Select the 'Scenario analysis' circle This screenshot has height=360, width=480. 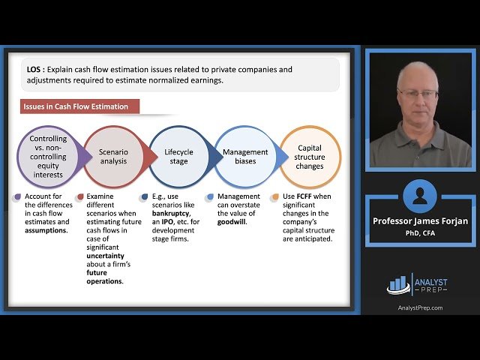[x=113, y=157]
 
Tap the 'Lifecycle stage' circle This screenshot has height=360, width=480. [x=178, y=157]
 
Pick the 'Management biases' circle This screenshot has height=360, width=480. [x=244, y=157]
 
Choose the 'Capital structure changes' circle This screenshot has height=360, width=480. [x=310, y=156]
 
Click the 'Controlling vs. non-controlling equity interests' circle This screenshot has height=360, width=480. [x=48, y=156]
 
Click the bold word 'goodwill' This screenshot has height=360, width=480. [x=232, y=223]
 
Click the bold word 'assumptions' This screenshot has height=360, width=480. [x=45, y=230]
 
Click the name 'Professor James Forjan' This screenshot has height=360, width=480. [x=420, y=220]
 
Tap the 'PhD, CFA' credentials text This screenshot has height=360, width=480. [x=420, y=232]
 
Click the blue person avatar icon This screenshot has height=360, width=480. [x=419, y=196]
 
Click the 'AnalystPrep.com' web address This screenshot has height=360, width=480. [x=420, y=308]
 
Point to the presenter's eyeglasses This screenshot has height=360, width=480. [x=417, y=93]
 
